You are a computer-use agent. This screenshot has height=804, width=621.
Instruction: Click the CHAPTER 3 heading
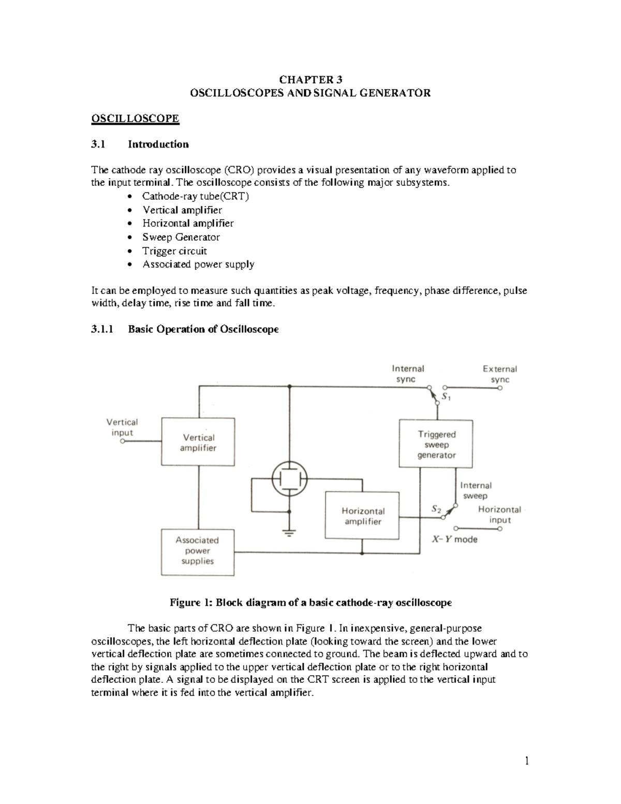click(310, 79)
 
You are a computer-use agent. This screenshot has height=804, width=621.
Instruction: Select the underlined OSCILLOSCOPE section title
click(135, 119)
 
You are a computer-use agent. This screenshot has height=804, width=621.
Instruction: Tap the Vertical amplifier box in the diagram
click(198, 442)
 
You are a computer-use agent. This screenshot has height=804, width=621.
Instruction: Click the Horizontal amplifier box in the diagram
click(362, 516)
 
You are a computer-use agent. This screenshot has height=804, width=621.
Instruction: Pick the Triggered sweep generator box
click(437, 444)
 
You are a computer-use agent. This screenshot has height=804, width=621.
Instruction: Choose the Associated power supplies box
click(197, 551)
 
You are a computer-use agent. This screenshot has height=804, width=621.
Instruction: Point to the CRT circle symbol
click(290, 478)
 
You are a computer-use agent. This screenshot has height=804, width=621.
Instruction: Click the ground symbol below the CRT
click(290, 533)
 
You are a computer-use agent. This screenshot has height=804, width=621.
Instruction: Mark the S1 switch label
click(446, 398)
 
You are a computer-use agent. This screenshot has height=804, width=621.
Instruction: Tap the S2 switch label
click(436, 508)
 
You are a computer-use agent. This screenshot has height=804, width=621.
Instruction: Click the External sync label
click(499, 374)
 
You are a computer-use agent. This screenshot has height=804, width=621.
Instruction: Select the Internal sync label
click(407, 374)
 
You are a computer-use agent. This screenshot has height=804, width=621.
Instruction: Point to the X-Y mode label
click(454, 539)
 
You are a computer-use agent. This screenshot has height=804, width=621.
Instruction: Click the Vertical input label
click(122, 427)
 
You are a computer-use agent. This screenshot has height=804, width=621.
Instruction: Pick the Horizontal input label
click(499, 515)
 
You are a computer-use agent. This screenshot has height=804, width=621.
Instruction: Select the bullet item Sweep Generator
click(181, 237)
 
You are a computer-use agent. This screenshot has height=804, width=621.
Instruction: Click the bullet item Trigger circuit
click(174, 251)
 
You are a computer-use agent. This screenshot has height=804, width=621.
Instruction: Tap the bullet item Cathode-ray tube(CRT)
click(196, 196)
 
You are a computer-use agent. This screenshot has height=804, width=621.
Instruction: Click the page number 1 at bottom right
click(527, 760)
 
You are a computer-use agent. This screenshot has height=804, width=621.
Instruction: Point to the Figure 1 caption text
click(310, 603)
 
